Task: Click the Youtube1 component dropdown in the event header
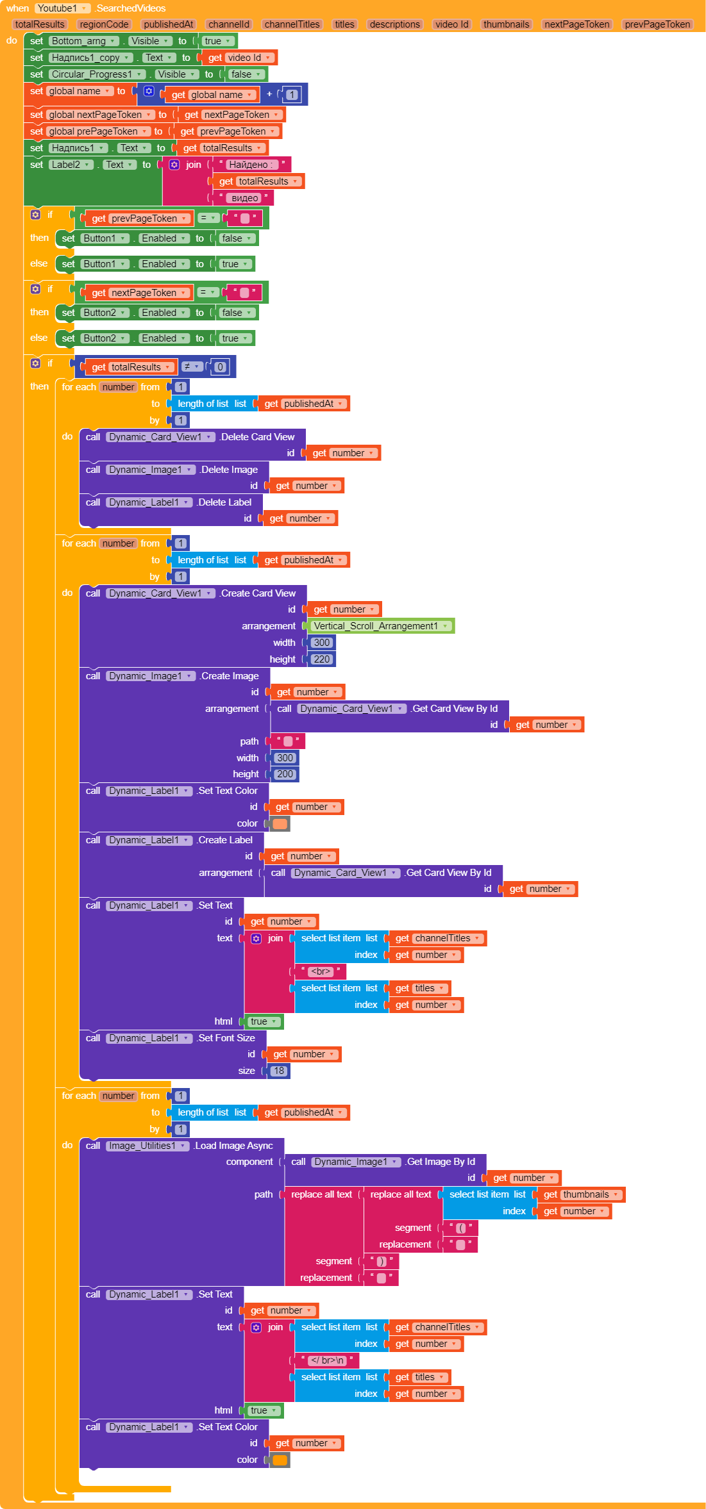click(62, 8)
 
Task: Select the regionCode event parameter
click(105, 24)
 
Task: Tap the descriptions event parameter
click(395, 24)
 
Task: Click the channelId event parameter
click(229, 24)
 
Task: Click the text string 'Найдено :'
click(251, 165)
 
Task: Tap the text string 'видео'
click(245, 198)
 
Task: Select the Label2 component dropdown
click(71, 165)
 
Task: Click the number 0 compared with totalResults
click(220, 367)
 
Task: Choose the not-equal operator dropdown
click(191, 367)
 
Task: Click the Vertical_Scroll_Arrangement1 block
click(381, 626)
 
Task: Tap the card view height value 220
click(321, 659)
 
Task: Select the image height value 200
click(285, 774)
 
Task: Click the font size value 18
click(278, 1071)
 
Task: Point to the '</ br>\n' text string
click(328, 1360)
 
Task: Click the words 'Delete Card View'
click(258, 437)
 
